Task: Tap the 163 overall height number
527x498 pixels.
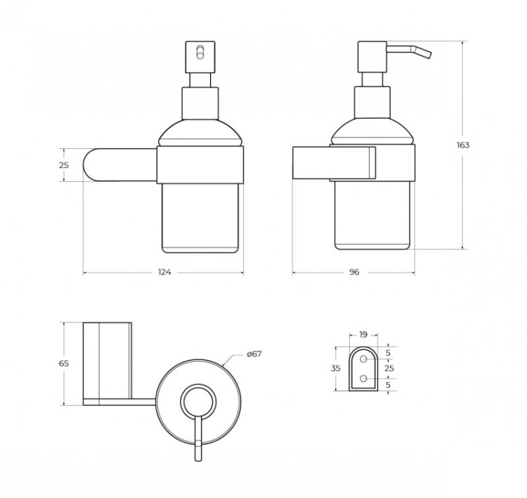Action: click(462, 145)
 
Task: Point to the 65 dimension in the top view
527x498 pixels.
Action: click(63, 364)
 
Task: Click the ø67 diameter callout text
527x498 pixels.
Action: click(254, 354)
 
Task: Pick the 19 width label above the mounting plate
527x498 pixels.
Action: click(363, 335)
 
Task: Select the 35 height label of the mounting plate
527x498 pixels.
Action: click(336, 368)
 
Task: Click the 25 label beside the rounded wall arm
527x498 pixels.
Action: click(63, 165)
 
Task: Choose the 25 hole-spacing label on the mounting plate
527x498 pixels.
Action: click(389, 368)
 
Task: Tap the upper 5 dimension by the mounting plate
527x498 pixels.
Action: click(389, 353)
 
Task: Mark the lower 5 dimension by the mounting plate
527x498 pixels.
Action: click(389, 384)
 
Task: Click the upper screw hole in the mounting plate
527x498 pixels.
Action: click(364, 359)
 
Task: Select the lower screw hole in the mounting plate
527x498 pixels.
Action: click(364, 378)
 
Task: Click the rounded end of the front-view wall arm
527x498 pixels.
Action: click(90, 165)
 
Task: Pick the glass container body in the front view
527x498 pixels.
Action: click(202, 218)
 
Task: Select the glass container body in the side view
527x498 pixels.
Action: click(372, 218)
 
